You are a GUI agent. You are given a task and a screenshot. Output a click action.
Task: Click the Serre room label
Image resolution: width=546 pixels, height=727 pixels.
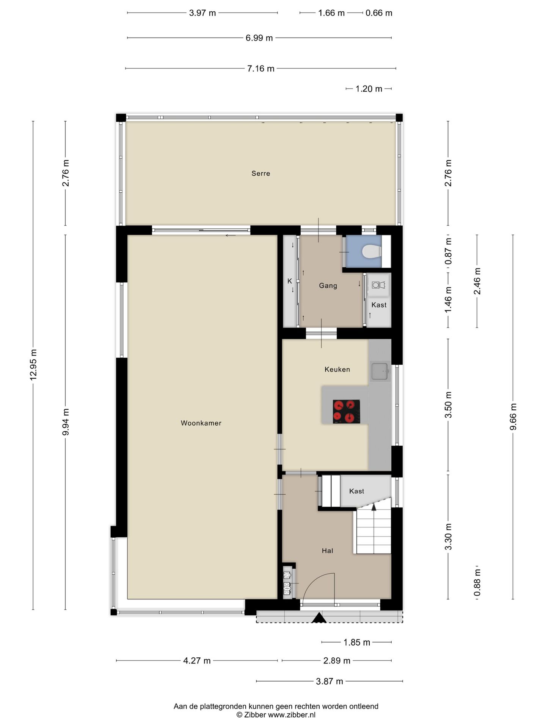point(261,173)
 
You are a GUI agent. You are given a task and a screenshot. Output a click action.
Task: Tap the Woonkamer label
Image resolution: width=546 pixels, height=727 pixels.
point(201,423)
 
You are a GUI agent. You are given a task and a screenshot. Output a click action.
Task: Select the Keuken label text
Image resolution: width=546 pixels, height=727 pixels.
point(337,369)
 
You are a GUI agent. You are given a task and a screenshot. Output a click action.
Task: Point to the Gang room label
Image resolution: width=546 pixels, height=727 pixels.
point(328,285)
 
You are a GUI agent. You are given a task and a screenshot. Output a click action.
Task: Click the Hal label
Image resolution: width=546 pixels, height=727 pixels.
point(327,551)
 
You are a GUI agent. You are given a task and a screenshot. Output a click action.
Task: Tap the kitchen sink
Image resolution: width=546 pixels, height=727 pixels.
point(380,371)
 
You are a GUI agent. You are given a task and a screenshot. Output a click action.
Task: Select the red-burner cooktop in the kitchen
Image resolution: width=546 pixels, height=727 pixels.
point(346,412)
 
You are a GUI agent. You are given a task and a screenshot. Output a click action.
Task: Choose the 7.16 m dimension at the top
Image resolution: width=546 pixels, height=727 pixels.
point(261,69)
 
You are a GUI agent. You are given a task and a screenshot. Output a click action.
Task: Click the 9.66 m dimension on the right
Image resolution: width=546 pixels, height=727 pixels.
point(513,417)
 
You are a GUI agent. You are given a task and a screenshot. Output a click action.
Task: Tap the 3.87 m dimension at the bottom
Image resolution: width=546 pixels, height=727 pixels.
point(329,681)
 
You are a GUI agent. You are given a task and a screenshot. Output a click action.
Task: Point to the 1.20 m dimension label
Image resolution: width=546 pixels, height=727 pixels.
point(369,89)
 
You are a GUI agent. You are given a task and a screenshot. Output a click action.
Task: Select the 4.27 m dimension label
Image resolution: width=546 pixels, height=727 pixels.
point(197,661)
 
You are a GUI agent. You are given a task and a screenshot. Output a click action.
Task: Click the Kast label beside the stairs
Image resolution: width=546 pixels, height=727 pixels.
point(356,491)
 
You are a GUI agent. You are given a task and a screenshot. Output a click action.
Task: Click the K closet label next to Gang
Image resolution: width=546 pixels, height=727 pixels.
point(290,281)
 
